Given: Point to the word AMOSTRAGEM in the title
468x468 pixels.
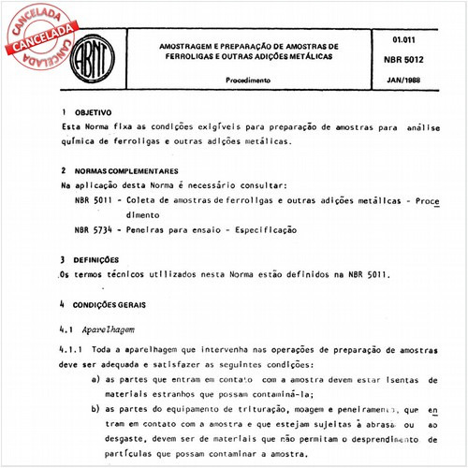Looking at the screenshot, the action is [x=188, y=45].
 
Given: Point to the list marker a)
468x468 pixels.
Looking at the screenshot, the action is [x=97, y=380].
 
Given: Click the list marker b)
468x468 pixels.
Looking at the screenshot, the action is [x=97, y=409].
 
